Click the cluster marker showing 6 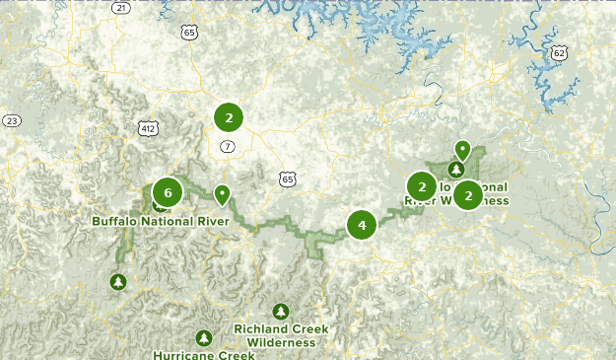(168, 192)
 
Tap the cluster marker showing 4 (362, 225)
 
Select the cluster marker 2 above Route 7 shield (229, 118)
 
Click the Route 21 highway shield (120, 7)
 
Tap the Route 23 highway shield (12, 120)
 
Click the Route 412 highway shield (148, 128)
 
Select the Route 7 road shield (228, 147)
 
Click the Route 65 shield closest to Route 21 (189, 33)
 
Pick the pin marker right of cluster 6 (223, 193)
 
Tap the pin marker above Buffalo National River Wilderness (461, 150)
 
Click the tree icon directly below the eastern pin (455, 169)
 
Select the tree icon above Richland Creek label (281, 311)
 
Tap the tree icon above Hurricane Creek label (204, 337)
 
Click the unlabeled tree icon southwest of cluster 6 (119, 282)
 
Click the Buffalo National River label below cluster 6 (161, 221)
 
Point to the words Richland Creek (281, 329)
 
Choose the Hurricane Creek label (203, 354)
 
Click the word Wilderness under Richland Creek (281, 342)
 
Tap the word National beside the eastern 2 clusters (483, 186)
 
